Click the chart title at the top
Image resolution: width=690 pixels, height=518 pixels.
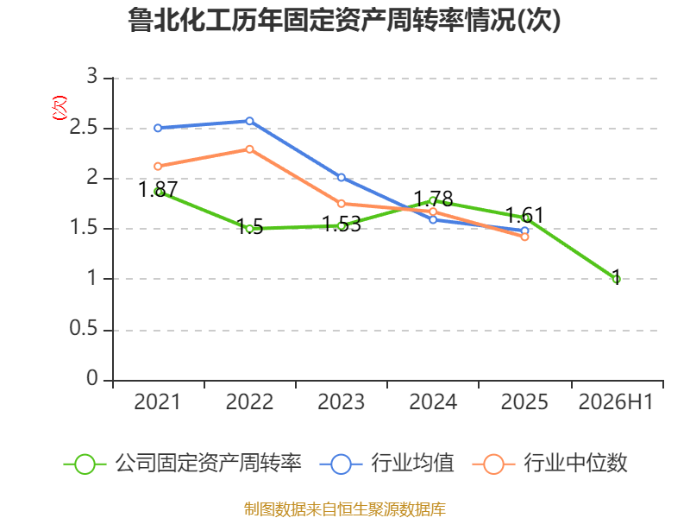coord(344,20)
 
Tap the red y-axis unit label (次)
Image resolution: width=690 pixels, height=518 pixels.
coord(60,108)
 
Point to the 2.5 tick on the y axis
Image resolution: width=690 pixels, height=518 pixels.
coord(84,128)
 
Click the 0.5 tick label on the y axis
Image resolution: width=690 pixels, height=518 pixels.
coord(84,329)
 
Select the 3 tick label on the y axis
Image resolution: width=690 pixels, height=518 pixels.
coord(92,76)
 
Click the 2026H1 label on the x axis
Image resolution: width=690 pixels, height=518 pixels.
coord(616,401)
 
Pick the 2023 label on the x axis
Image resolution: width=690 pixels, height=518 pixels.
coord(341,401)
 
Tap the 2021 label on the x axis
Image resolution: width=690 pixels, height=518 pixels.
coord(157,401)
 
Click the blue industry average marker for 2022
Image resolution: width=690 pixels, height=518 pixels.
coord(249,121)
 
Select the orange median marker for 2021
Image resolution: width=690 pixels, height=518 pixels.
coord(158,167)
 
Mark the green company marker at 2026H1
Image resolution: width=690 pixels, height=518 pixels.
coord(617,279)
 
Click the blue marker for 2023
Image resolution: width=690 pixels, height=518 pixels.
coord(342,178)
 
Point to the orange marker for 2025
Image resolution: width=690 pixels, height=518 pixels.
coord(524,237)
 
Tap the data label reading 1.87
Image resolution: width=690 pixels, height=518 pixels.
coord(158,190)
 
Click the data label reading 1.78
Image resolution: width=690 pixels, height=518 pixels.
coord(434,199)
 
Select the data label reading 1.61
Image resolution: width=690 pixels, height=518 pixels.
coord(524,215)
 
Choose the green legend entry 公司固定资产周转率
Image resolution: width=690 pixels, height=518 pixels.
coord(183,464)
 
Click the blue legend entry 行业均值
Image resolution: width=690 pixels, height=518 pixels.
coord(386,464)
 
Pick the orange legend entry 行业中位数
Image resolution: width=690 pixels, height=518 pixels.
coord(549,464)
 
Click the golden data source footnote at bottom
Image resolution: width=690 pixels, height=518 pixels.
coord(345,509)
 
